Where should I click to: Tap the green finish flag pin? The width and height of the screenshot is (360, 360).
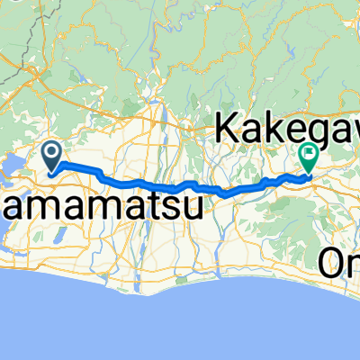(309, 157)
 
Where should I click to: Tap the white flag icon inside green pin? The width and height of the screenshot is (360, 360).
(309, 153)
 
